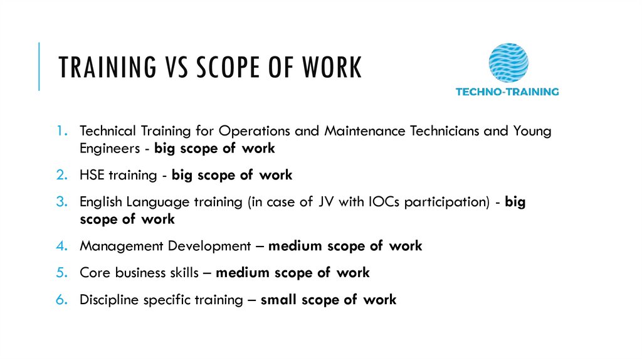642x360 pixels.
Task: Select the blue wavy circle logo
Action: (508, 63)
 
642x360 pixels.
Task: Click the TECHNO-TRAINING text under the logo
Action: (507, 92)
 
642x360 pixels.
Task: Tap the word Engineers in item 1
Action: (107, 149)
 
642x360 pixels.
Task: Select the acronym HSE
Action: (92, 175)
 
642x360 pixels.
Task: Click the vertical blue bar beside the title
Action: (39, 66)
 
